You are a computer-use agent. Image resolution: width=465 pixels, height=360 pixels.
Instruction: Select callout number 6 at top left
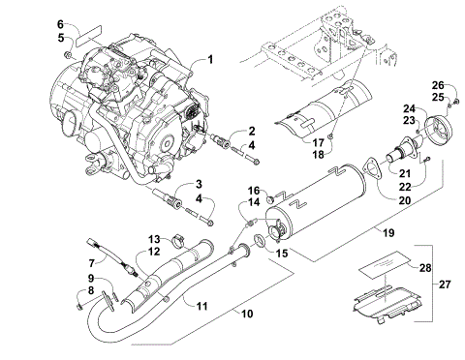point(60,23)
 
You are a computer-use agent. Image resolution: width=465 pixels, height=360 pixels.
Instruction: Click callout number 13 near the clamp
point(155,239)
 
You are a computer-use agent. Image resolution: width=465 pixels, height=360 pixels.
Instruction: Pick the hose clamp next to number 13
point(180,240)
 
